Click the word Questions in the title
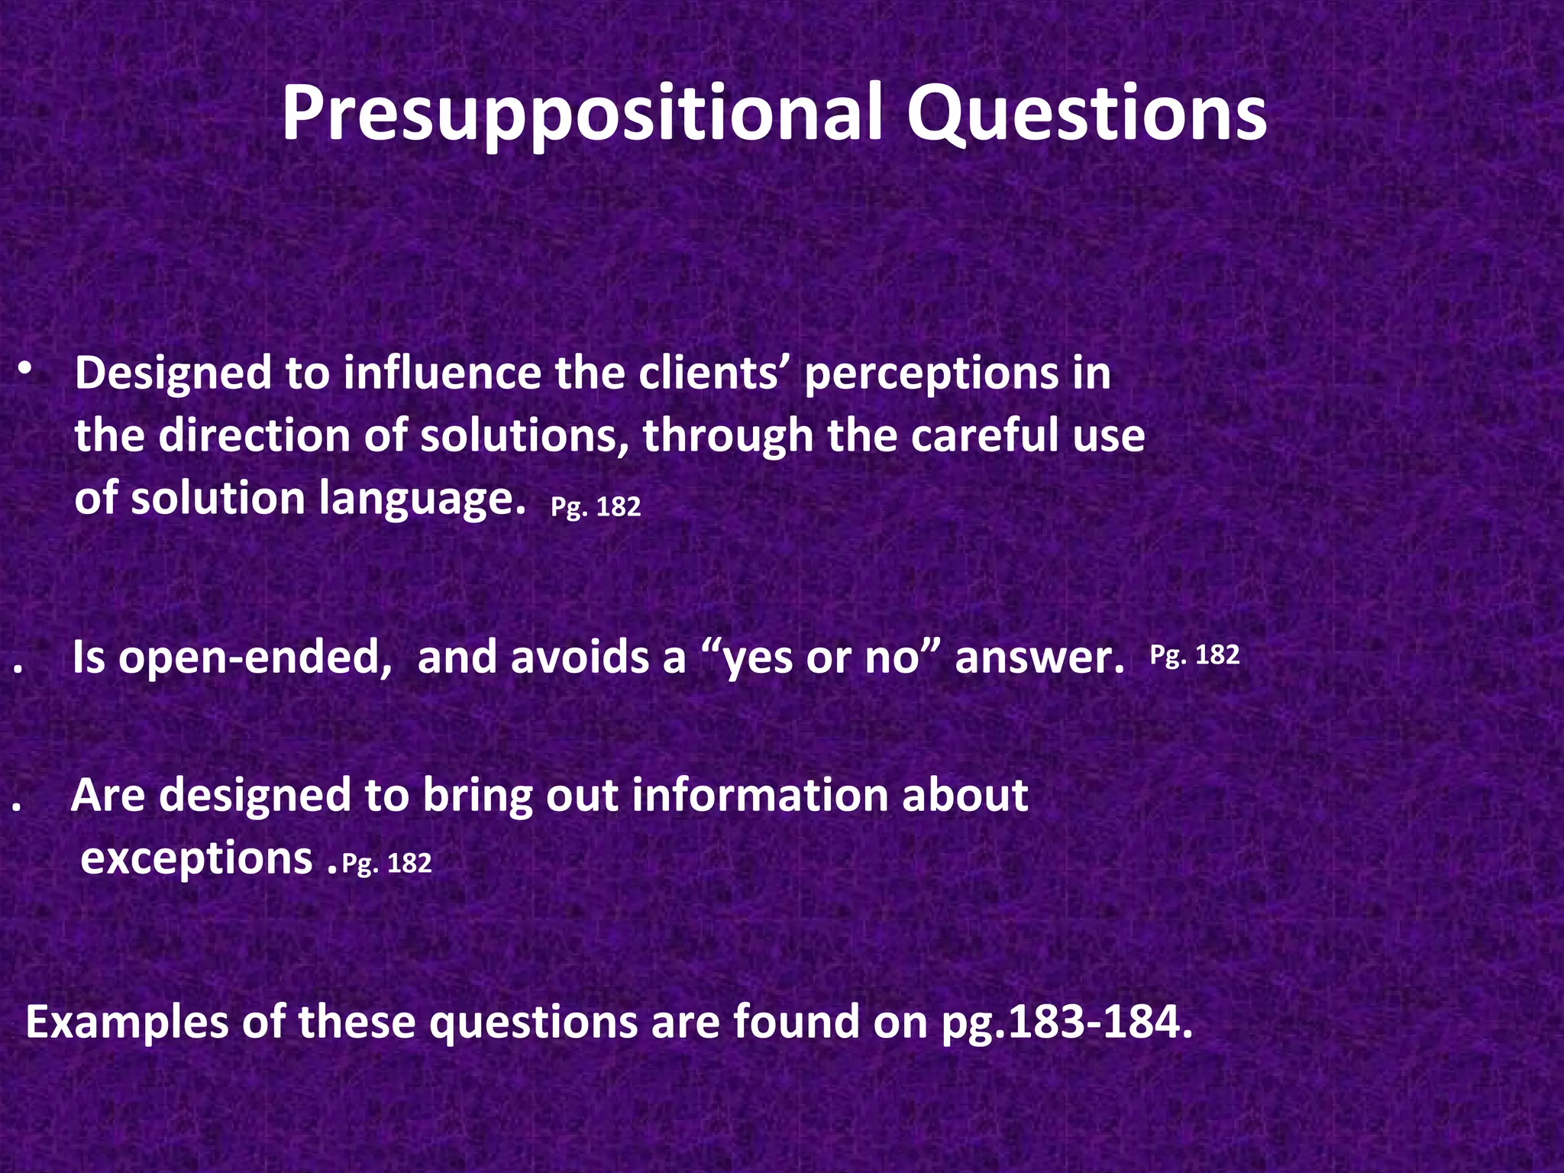pos(1087,115)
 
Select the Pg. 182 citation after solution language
pos(596,507)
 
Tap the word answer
pos(1039,658)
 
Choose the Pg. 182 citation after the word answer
pos(1194,655)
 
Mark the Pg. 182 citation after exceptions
pos(386,863)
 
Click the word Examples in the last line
pos(127,1023)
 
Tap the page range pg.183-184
pos(1067,1023)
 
